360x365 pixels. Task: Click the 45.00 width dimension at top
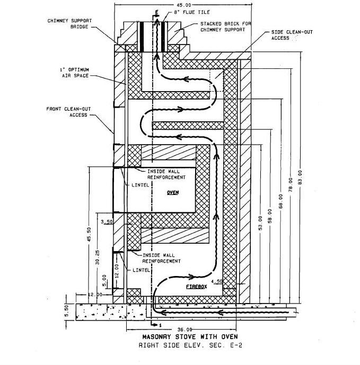(x=183, y=5)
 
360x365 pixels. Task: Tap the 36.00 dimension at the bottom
(x=185, y=330)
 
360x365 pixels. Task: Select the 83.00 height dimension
(x=300, y=177)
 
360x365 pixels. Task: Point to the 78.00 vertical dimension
(x=291, y=184)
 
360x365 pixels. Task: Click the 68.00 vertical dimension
(x=281, y=201)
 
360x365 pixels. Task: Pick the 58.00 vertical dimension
(x=270, y=216)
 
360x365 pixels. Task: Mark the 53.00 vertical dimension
(x=260, y=223)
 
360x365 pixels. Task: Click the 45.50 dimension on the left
(x=89, y=234)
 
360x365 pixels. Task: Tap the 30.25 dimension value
(x=98, y=257)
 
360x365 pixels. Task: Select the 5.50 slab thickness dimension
(x=66, y=311)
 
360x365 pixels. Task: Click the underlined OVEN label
(x=173, y=192)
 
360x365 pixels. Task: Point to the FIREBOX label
(x=196, y=287)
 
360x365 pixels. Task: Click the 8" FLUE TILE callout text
(x=192, y=12)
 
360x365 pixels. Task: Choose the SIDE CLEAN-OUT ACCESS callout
(x=292, y=35)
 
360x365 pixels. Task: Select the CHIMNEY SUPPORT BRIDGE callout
(x=69, y=23)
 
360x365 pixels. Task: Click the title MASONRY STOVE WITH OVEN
(x=190, y=336)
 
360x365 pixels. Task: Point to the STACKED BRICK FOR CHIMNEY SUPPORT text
(x=225, y=26)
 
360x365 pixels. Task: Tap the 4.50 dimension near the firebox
(x=216, y=281)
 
